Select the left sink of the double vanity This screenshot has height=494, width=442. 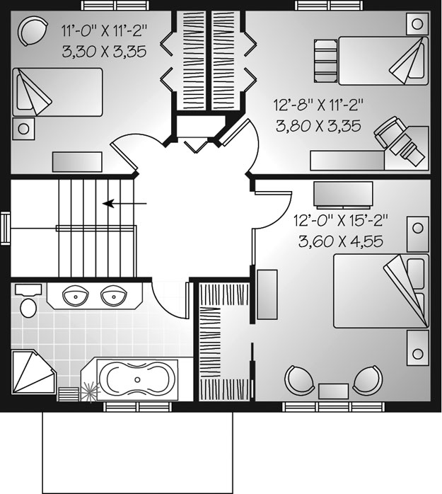75,296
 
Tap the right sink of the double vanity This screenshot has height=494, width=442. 114,296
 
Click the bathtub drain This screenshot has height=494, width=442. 138,379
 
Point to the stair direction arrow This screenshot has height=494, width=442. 124,204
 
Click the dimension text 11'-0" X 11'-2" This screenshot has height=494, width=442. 104,31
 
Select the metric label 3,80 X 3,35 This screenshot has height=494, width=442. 318,126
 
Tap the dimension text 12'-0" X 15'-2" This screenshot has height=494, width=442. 341,221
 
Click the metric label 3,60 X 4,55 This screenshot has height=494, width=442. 341,241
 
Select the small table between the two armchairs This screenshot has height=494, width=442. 333,391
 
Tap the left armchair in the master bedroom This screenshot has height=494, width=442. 299,379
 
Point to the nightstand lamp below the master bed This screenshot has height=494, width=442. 417,353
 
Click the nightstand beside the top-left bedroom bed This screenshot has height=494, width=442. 23,129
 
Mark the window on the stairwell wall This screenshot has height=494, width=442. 5,229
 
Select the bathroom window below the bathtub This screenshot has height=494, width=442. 138,407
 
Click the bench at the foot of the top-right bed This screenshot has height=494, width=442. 325,61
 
